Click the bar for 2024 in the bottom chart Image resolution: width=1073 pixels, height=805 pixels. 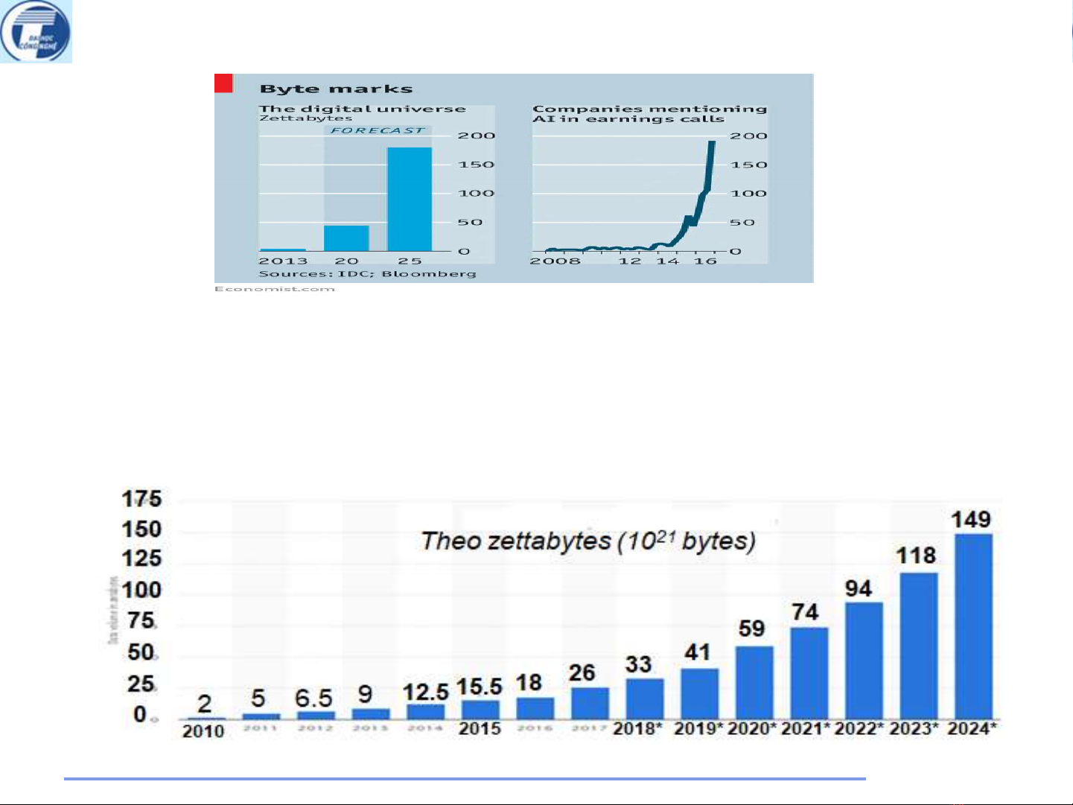[x=973, y=626]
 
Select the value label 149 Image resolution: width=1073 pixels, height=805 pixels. [x=971, y=519]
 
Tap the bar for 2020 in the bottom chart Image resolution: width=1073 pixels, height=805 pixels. [x=754, y=681]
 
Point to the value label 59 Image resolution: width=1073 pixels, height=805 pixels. [x=751, y=629]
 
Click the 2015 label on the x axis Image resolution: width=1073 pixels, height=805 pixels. [x=480, y=728]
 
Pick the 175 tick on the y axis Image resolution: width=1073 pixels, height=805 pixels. [x=141, y=499]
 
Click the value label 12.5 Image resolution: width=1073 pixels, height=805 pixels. [x=425, y=692]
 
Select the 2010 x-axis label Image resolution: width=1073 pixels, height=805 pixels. [x=203, y=731]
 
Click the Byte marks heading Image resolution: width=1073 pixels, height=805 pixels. [x=336, y=89]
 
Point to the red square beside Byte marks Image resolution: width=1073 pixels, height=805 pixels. [x=223, y=83]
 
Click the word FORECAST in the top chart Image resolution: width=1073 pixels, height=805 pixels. [x=378, y=130]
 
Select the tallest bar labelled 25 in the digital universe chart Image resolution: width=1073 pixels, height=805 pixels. [x=410, y=199]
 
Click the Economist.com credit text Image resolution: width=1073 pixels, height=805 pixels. [x=274, y=289]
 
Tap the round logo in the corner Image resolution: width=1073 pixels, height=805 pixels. [x=36, y=32]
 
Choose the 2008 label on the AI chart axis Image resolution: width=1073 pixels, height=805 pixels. [x=555, y=261]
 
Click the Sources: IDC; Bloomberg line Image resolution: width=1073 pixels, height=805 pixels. [x=367, y=273]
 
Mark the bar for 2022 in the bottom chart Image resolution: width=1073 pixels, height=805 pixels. [x=864, y=660]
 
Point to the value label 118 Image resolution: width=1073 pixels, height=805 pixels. [x=916, y=556]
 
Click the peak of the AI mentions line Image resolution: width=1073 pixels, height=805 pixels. [x=712, y=142]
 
